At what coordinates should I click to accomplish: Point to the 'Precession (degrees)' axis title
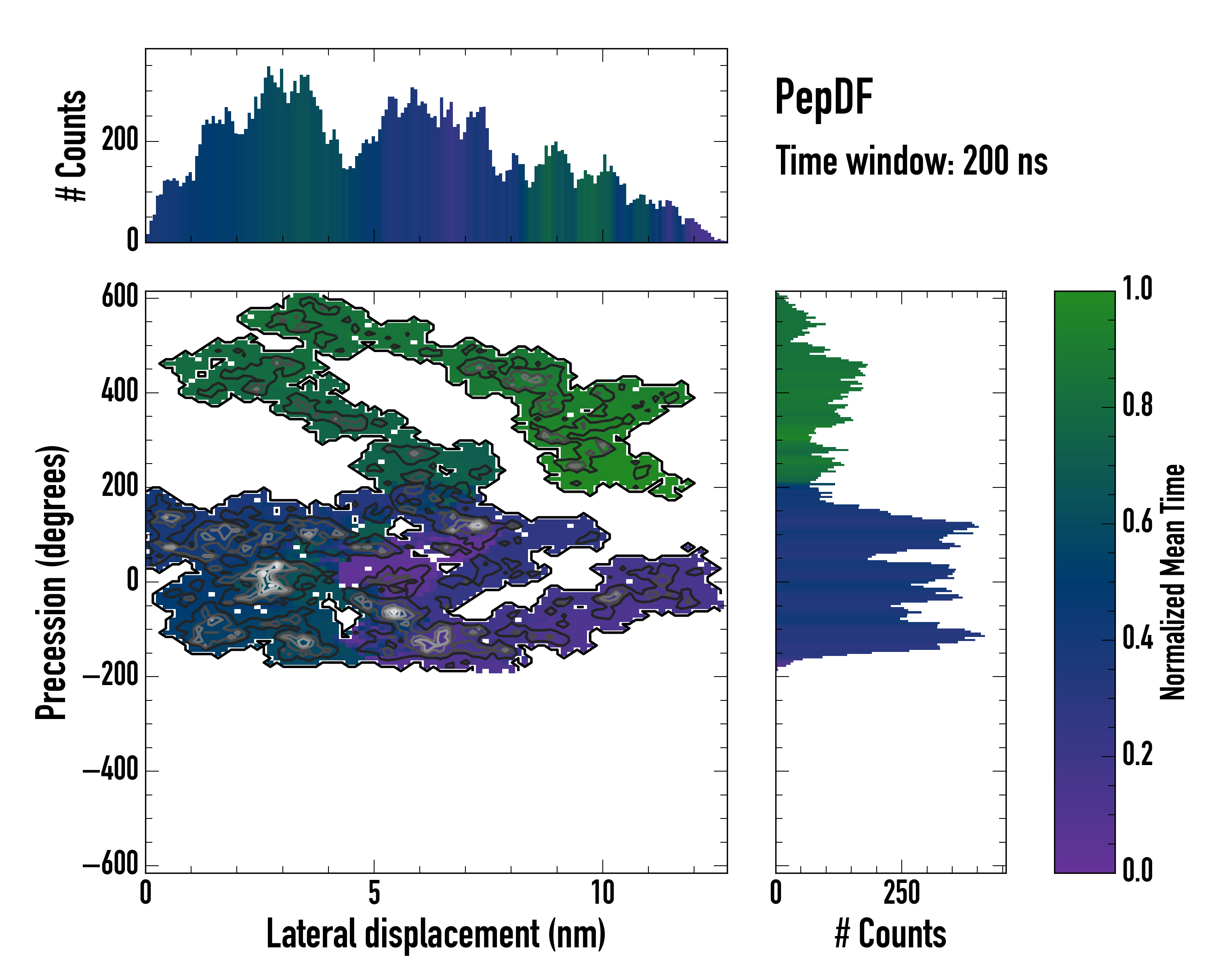51,582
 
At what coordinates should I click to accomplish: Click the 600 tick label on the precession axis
120,296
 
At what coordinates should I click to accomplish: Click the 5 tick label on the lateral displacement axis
374,893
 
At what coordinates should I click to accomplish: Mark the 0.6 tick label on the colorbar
1137,522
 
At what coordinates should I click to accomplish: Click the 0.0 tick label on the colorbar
1137,870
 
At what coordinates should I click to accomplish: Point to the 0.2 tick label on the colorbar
1137,754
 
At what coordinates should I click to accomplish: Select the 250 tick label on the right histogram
901,893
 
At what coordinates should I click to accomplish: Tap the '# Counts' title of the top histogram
72,145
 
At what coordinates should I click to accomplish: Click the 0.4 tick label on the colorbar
1137,638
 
